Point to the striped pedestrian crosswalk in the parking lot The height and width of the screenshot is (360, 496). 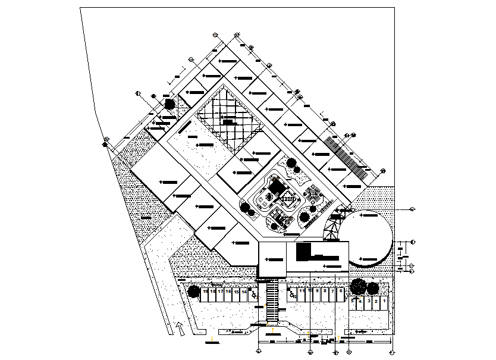coord(272,300)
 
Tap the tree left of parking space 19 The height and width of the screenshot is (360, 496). coord(193,292)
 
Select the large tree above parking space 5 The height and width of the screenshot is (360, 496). coord(359,286)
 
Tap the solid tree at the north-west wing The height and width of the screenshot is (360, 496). coord(169,104)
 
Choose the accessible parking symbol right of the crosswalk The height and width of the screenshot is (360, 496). coord(292,293)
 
